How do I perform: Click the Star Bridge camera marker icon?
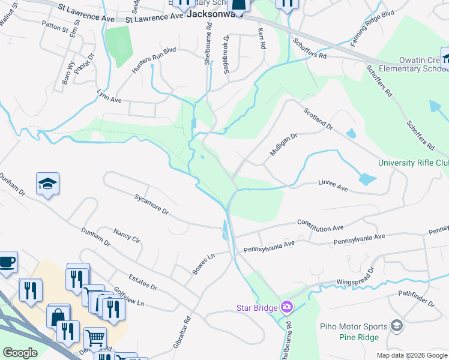coord(287,307)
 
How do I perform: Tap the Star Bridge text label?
coord(256,308)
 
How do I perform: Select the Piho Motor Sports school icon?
coord(396,325)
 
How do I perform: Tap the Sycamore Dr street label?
coord(152,203)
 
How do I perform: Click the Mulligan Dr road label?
coord(283,145)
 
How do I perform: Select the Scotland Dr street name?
coord(318,118)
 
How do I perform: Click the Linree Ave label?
coord(333,188)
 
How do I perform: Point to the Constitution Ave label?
coord(321,225)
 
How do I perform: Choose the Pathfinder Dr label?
coord(415,299)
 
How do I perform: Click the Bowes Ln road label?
coord(203,265)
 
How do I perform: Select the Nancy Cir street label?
coord(127,235)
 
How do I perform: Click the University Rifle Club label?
coord(414,163)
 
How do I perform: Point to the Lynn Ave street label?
coord(109,97)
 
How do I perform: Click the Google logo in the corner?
coord(20,353)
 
